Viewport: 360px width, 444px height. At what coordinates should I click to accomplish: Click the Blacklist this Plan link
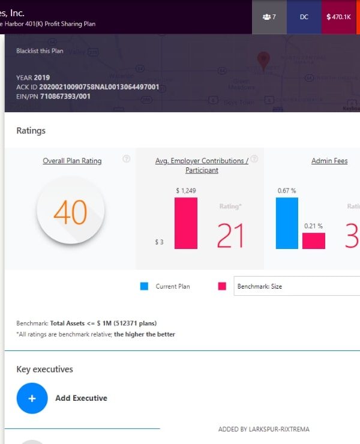[40, 51]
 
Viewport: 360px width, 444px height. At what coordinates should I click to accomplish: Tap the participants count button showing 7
[269, 17]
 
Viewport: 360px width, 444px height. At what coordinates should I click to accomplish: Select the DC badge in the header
[304, 17]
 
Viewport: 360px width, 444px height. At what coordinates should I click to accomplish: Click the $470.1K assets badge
[338, 17]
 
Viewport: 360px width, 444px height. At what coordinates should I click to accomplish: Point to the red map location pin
[262, 59]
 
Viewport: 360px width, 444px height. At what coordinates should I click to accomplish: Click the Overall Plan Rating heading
[72, 161]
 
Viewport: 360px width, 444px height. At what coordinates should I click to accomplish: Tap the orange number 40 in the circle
[70, 212]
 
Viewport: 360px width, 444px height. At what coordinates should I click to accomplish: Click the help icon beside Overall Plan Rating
[127, 159]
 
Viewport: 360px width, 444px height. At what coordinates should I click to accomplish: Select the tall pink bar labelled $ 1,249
[185, 223]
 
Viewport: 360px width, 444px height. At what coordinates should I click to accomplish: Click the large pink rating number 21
[230, 236]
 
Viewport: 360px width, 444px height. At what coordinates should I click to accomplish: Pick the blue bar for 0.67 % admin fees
[287, 223]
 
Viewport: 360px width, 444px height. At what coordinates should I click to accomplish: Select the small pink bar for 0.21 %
[313, 241]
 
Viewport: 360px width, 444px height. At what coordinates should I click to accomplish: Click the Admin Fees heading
[329, 161]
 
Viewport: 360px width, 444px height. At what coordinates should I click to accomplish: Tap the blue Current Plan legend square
[144, 286]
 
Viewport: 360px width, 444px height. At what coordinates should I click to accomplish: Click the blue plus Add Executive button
[32, 398]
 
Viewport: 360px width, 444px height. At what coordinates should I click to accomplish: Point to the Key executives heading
[44, 369]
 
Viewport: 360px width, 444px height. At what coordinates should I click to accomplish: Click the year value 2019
[42, 77]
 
